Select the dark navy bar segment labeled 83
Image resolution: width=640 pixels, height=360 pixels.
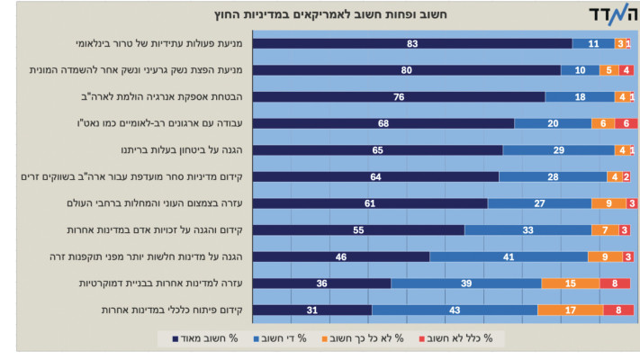click(412, 43)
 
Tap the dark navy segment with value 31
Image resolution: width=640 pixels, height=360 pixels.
click(312, 310)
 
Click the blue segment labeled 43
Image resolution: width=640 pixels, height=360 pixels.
click(455, 310)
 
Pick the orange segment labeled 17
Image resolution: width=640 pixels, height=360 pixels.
click(571, 310)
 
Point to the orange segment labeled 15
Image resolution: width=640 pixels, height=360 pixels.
click(571, 283)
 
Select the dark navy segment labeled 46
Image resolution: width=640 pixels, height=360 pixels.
click(341, 256)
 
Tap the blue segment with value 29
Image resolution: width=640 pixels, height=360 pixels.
click(559, 150)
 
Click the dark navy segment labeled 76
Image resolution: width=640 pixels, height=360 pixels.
click(399, 96)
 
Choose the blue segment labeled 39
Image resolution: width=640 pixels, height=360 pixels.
click(466, 283)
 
